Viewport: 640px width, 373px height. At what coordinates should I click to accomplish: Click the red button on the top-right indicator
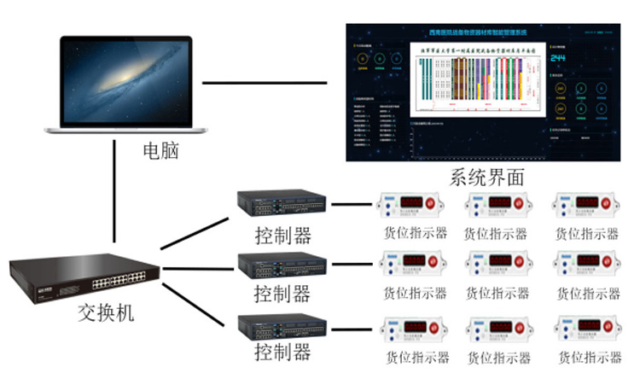(608, 204)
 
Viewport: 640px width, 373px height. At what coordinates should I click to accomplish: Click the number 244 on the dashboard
(558, 58)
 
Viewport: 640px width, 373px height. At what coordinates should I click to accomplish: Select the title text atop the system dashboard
(479, 32)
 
